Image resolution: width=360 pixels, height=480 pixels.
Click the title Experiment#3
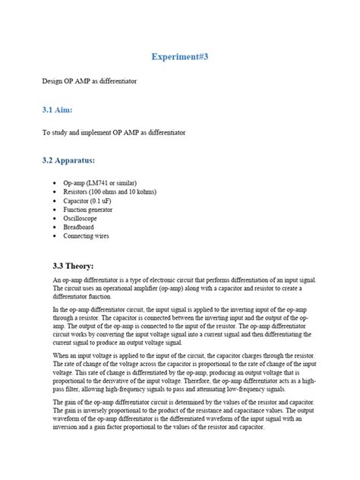[179, 56]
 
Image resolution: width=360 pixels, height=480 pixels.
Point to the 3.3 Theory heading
[68, 267]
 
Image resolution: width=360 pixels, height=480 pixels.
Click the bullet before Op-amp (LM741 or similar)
[56, 184]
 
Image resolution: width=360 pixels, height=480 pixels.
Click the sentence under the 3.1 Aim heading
[114, 133]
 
